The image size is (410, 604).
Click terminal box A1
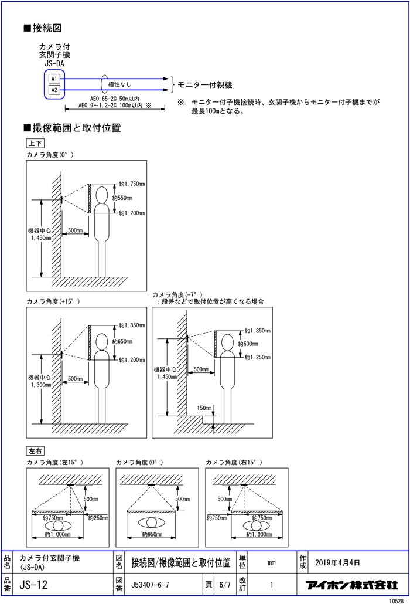53,79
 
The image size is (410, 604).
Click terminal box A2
53,90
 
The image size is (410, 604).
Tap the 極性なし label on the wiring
119,85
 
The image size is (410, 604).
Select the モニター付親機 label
206,84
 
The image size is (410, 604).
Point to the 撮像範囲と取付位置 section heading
76,128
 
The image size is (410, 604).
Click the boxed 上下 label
35,143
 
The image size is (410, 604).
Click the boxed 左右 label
35,451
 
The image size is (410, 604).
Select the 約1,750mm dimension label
132,184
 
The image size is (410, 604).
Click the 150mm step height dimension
205,408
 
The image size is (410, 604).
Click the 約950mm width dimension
152,535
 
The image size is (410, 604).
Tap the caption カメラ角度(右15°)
232,462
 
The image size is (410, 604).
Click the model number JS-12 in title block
33,585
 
